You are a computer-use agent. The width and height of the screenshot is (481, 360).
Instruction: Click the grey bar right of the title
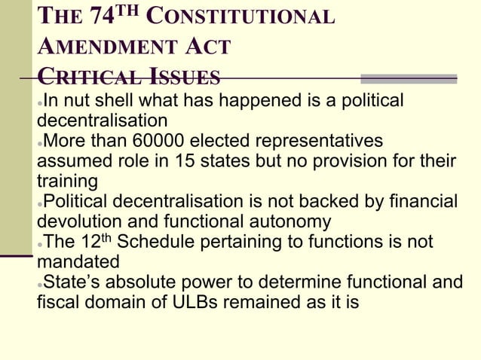point(409,78)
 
